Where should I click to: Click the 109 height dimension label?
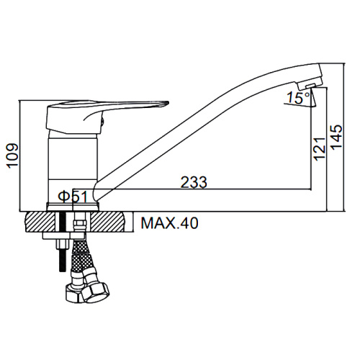click(x=13, y=156)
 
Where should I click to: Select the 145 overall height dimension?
click(x=337, y=136)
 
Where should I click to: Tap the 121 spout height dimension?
click(x=320, y=149)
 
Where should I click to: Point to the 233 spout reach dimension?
click(x=194, y=182)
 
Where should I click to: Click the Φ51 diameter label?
click(x=73, y=197)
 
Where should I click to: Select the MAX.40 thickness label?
click(x=170, y=223)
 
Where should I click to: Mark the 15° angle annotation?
click(x=298, y=98)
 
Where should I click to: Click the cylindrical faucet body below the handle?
click(x=73, y=167)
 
